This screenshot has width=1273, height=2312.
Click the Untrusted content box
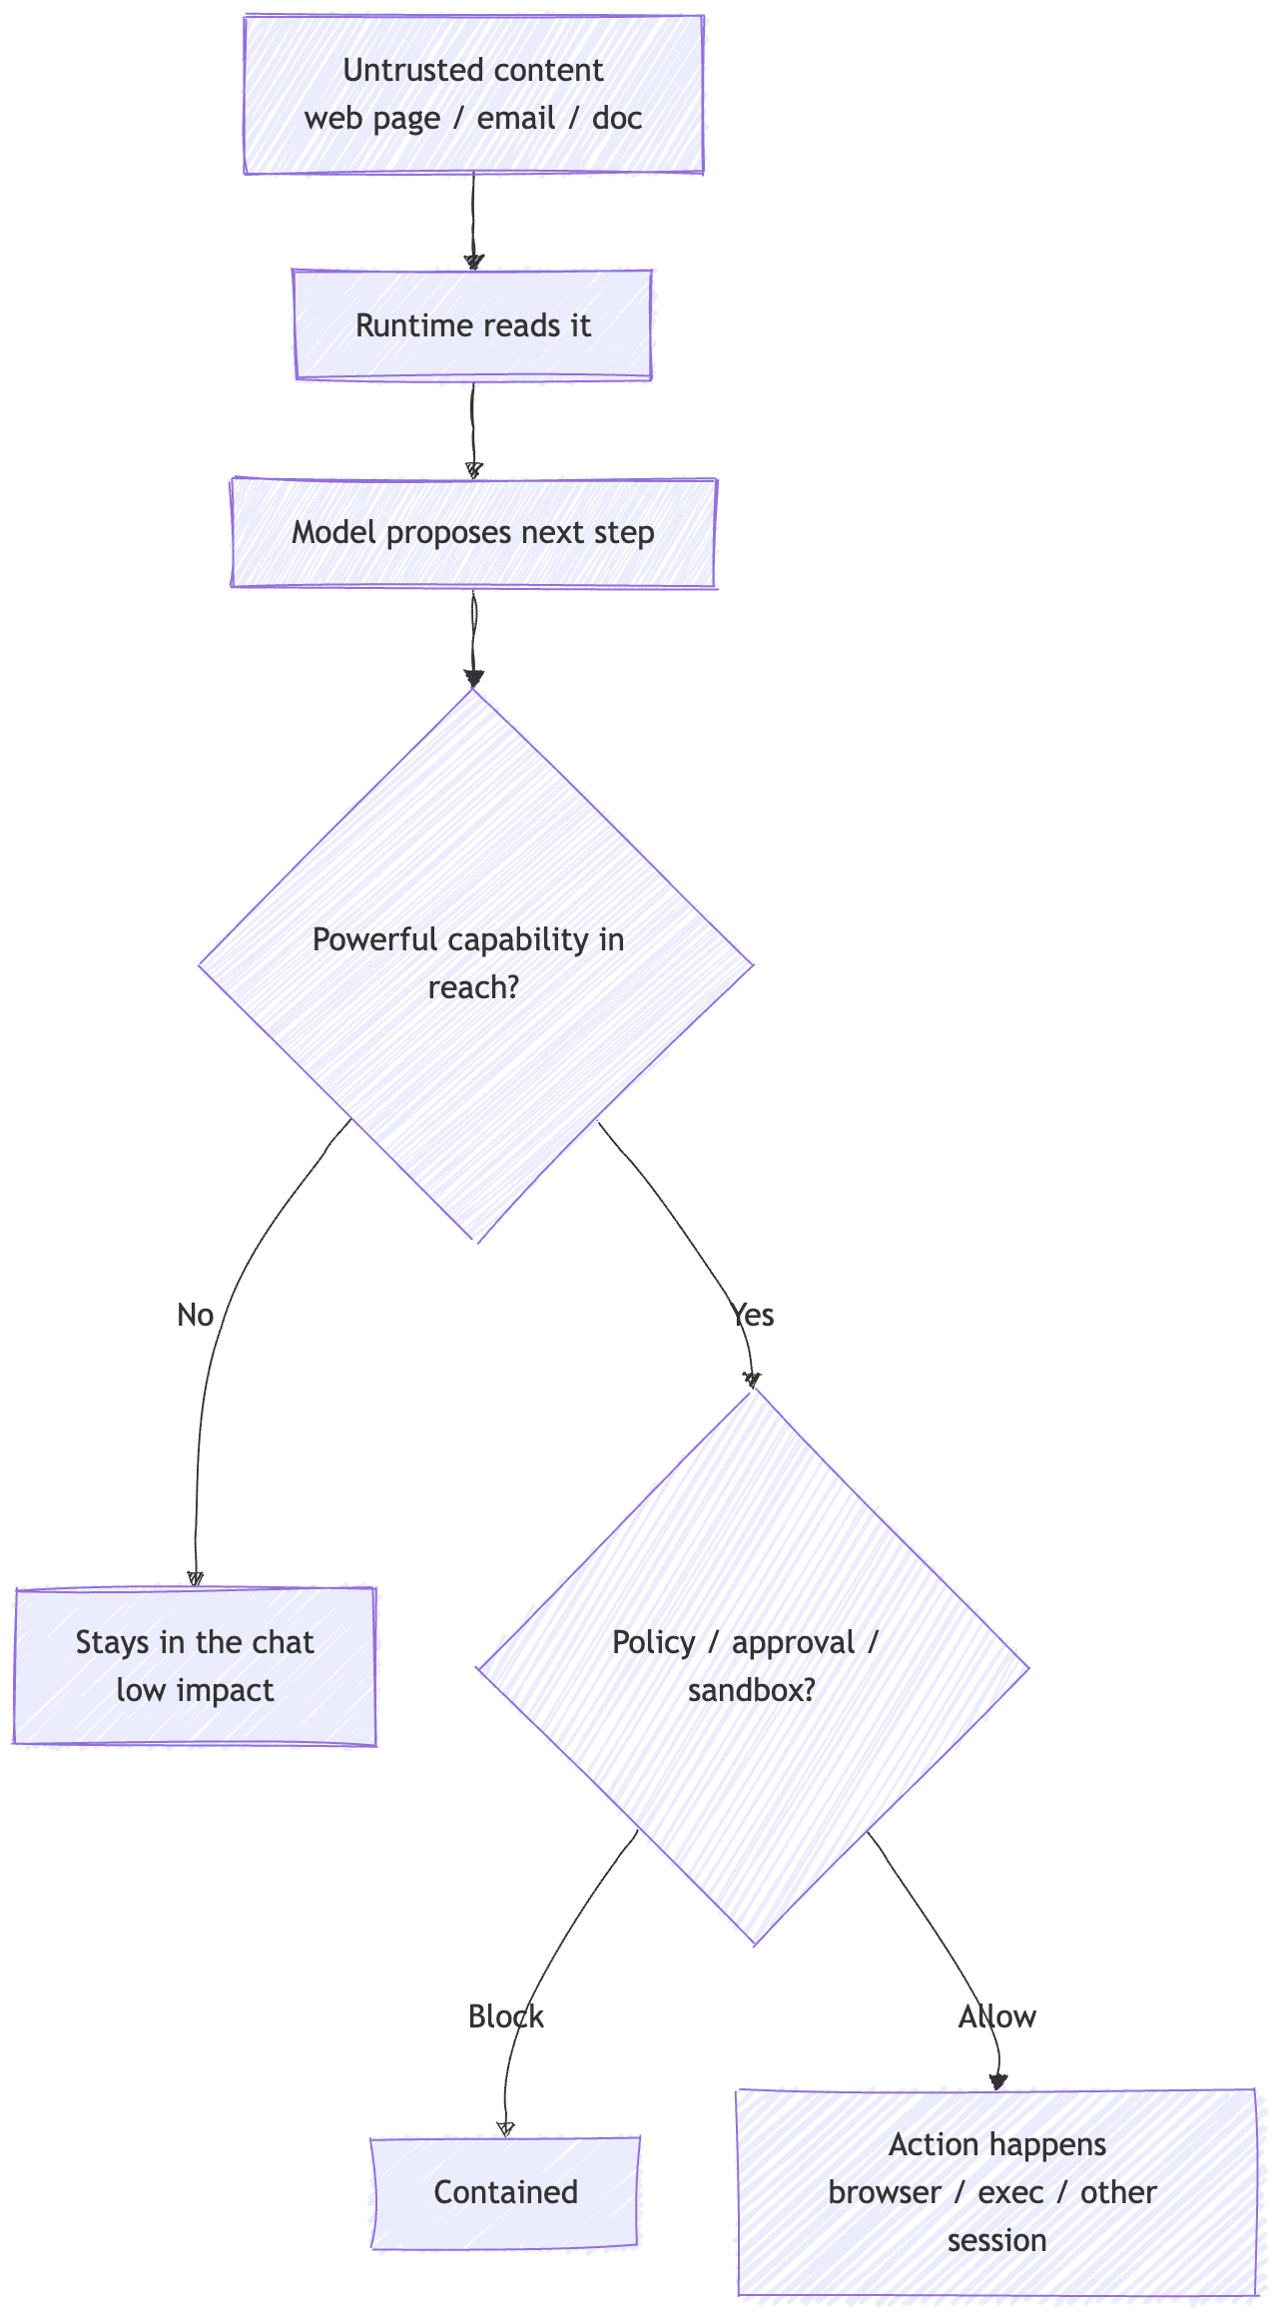[x=473, y=94]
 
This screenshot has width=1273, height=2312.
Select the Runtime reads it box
[x=473, y=325]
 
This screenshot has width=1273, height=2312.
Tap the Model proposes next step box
[x=473, y=533]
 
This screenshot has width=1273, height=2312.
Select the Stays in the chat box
[x=195, y=1666]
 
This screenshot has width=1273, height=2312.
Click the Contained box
[x=505, y=2192]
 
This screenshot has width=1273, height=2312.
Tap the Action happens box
[x=996, y=2192]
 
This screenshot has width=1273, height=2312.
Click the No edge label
[x=196, y=1316]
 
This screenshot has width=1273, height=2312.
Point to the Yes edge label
[x=753, y=1316]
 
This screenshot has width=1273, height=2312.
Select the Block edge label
[x=506, y=2018]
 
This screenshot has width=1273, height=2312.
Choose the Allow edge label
[x=997, y=2018]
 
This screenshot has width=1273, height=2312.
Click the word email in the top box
[x=516, y=119]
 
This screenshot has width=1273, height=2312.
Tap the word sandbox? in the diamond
[x=752, y=1691]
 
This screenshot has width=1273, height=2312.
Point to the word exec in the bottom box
[x=1010, y=2193]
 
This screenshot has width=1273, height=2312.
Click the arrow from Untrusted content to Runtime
[x=473, y=222]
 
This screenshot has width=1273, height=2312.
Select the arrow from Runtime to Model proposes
[x=473, y=429]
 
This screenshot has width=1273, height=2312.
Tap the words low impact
[x=195, y=1691]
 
